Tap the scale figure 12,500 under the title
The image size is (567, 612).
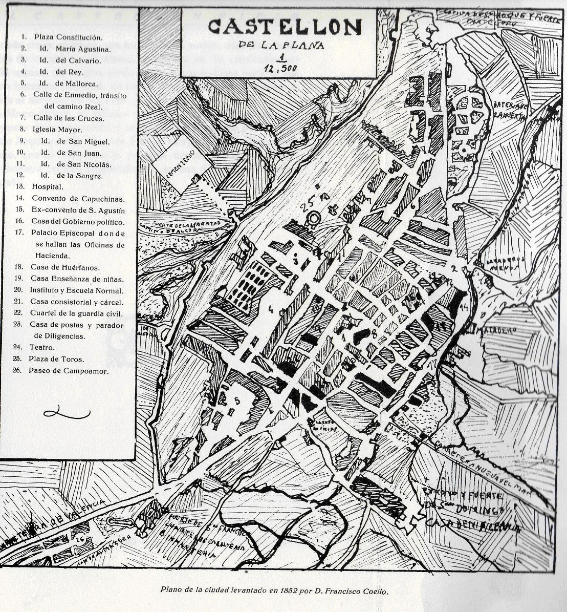coord(279,67)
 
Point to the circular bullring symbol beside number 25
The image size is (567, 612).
coord(312,219)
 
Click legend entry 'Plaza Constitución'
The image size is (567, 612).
coord(68,37)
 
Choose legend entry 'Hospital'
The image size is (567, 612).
coord(48,187)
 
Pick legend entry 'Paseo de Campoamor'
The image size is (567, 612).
coord(69,371)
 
